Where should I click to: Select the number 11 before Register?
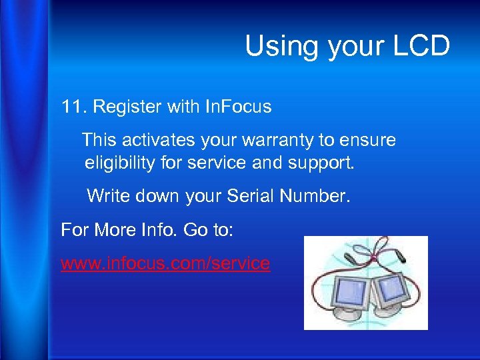tap(71, 107)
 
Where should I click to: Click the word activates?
tap(154, 141)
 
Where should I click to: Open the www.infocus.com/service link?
tap(165, 263)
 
